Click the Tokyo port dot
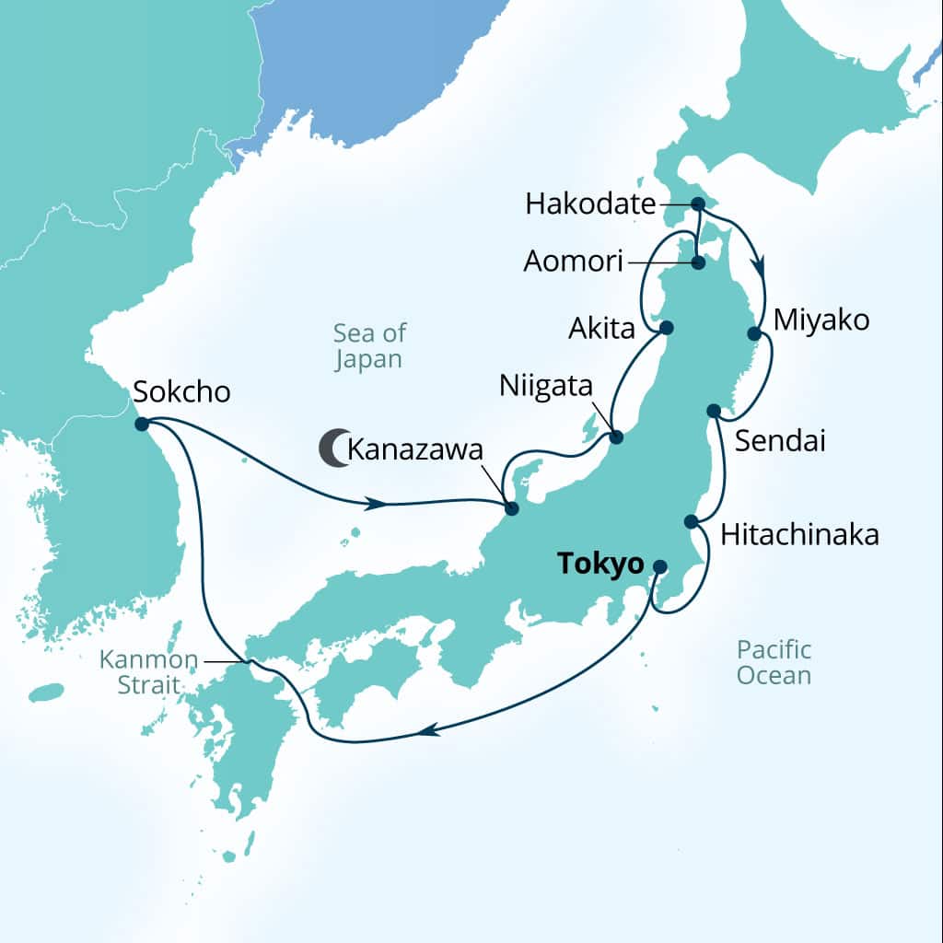coord(660,566)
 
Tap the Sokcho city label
coord(181,392)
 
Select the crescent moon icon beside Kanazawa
coord(332,448)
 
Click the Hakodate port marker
coord(698,204)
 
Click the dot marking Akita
coord(667,327)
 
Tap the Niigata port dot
coord(617,437)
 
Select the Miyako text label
coord(821,320)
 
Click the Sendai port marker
coord(713,410)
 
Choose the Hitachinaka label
coord(799,535)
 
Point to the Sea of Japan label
coord(368,345)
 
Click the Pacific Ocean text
coord(774,662)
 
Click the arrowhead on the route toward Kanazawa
coord(374,505)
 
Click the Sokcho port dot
coord(142,424)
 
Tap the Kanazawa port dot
coord(512,508)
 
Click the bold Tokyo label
coord(600,565)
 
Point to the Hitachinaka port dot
coord(691,521)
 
